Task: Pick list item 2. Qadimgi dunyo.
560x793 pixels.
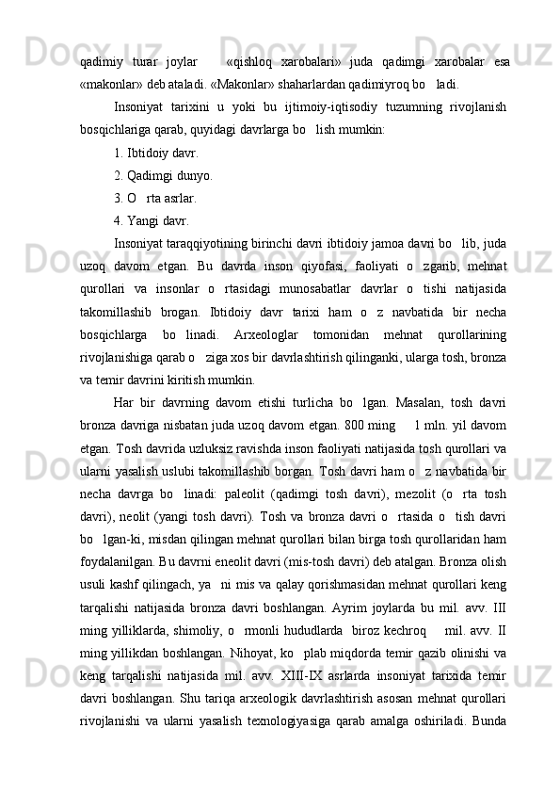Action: click(162, 175)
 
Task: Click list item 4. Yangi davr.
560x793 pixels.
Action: click(151, 221)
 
